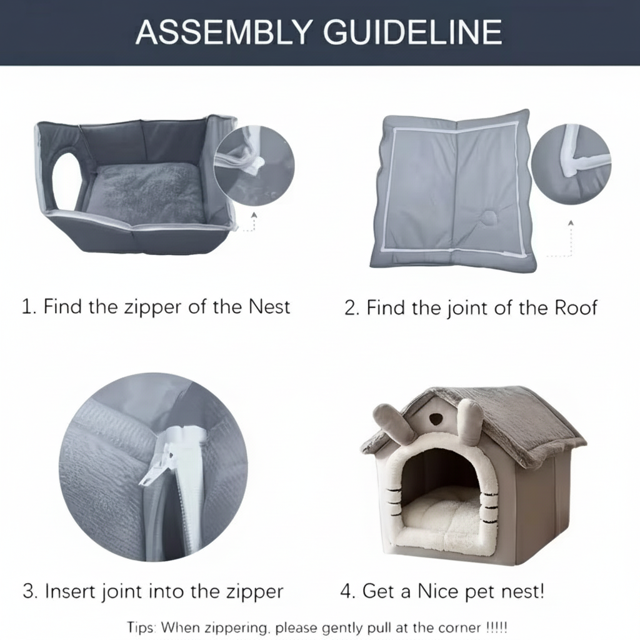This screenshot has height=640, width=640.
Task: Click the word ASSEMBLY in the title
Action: pyautogui.click(x=224, y=32)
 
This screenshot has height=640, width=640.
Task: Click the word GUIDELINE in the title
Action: pyautogui.click(x=412, y=32)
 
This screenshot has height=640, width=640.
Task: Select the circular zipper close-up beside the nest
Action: pyautogui.click(x=254, y=166)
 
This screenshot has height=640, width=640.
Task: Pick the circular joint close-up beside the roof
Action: pyautogui.click(x=571, y=164)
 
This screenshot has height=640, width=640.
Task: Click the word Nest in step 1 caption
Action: pyautogui.click(x=269, y=306)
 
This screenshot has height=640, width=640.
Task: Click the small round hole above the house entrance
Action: pyautogui.click(x=435, y=417)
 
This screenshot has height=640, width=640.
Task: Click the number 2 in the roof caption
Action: pyautogui.click(x=351, y=308)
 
